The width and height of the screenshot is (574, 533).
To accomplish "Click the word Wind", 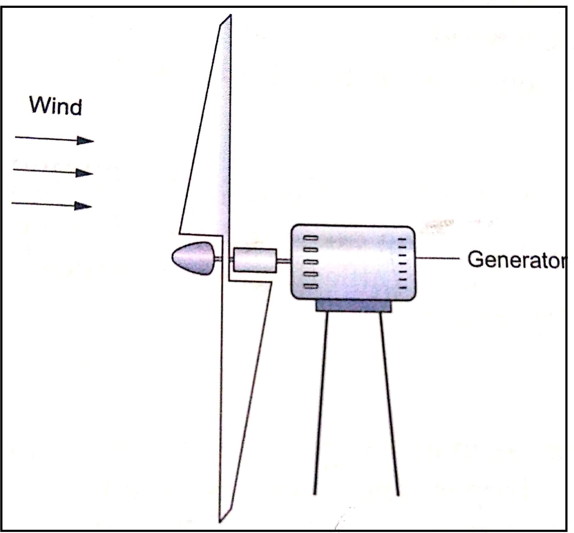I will (55, 106).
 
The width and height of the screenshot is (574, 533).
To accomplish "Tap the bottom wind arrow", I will (52, 205).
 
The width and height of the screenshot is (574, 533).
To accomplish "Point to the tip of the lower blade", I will (220, 521).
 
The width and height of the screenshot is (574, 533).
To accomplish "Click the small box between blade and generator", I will (255, 260).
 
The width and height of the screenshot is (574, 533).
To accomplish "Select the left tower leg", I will (321, 404).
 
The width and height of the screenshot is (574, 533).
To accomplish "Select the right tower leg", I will (389, 404).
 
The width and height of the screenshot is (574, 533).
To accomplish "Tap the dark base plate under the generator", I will (353, 306).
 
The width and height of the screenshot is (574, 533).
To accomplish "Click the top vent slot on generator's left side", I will (311, 238).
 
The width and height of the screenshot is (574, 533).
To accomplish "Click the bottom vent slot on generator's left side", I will (311, 286).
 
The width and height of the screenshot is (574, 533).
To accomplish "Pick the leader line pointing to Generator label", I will (438, 259).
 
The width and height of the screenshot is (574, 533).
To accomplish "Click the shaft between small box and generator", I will (284, 261).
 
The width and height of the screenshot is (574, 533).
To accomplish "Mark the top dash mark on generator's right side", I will (402, 239).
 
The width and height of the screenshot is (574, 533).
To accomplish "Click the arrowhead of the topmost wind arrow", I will (85, 141).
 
